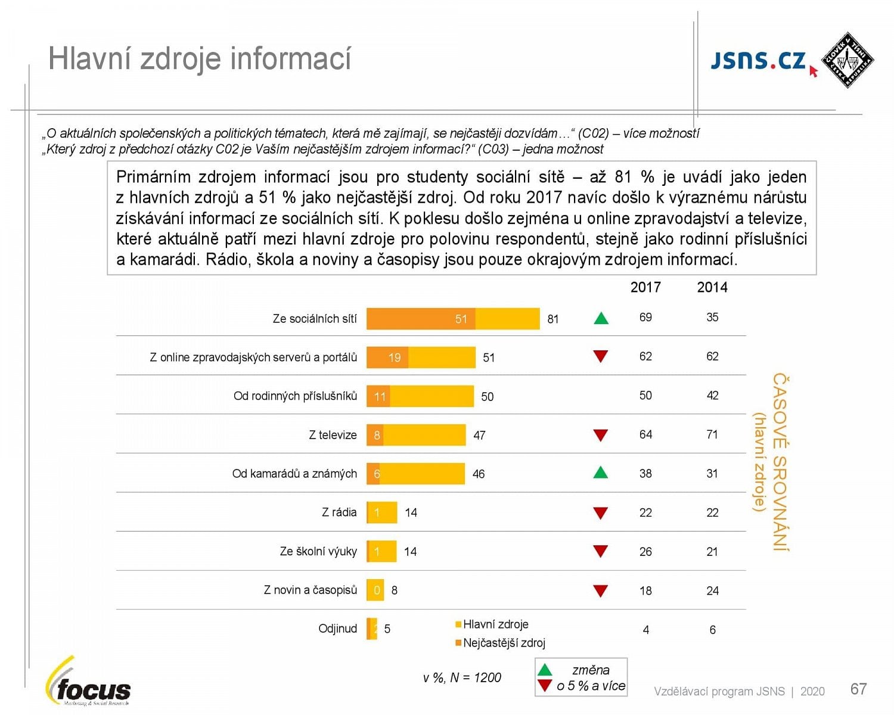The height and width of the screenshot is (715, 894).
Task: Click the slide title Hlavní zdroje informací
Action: (199, 59)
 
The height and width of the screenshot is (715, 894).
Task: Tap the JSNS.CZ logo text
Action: (758, 60)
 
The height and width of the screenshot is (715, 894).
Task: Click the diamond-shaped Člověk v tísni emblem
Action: (847, 60)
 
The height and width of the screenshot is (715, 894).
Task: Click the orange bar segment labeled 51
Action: (421, 319)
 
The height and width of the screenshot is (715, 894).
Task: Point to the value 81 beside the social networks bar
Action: (552, 319)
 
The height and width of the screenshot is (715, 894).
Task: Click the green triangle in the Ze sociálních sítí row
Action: (601, 318)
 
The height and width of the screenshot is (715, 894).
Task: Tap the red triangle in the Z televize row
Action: (601, 436)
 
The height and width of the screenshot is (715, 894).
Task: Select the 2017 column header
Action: (645, 287)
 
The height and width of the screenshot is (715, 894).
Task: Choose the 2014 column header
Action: (712, 287)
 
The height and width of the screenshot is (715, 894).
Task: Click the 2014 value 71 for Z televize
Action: (712, 434)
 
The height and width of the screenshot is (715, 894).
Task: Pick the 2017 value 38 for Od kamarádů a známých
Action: (645, 474)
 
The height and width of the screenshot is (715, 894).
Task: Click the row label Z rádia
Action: (339, 512)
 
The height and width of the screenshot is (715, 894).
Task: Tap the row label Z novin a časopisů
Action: (310, 590)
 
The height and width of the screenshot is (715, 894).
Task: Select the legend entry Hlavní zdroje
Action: (495, 624)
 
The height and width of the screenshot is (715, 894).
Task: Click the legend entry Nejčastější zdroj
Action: (503, 643)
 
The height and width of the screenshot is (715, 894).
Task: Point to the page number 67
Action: (858, 689)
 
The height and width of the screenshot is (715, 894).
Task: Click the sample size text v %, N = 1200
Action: (462, 677)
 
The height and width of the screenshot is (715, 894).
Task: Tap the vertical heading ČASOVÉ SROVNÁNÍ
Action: (780, 462)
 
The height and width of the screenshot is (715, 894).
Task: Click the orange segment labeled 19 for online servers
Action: (388, 357)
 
